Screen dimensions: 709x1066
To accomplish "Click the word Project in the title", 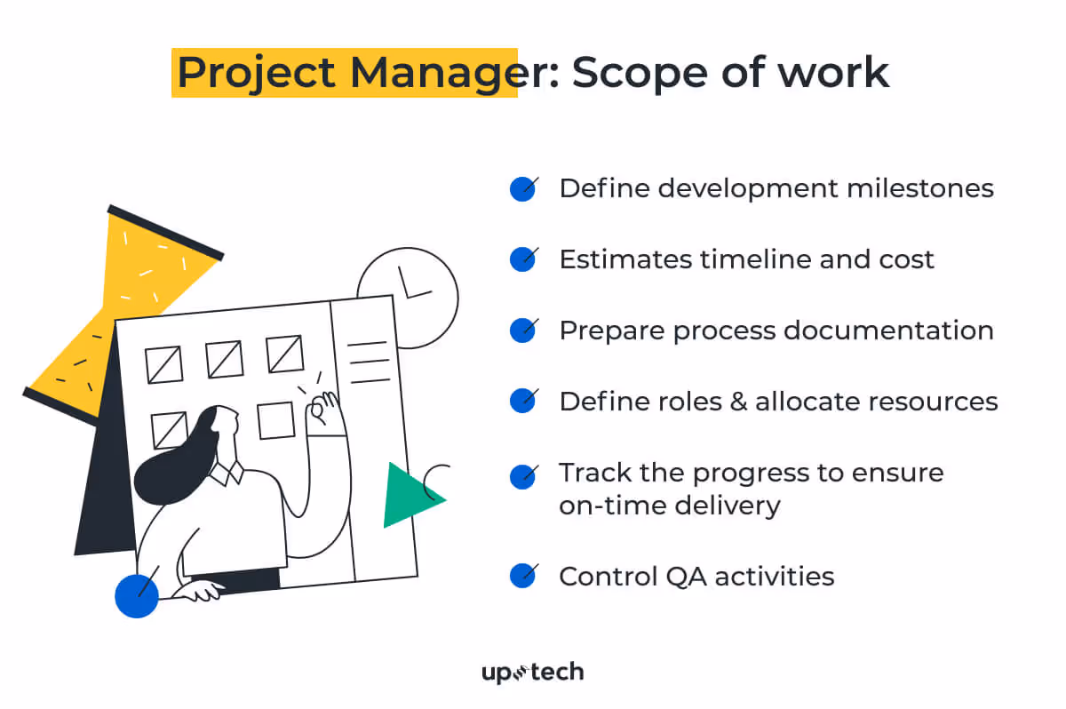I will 257,72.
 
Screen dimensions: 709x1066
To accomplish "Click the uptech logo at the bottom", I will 532,672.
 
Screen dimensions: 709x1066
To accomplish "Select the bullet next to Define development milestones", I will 522,188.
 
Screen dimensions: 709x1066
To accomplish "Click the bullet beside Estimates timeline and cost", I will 522,259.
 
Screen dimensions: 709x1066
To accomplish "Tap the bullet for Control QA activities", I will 522,576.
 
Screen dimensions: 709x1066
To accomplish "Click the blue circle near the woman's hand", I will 137,595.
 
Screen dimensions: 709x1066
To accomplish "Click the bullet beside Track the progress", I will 522,476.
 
